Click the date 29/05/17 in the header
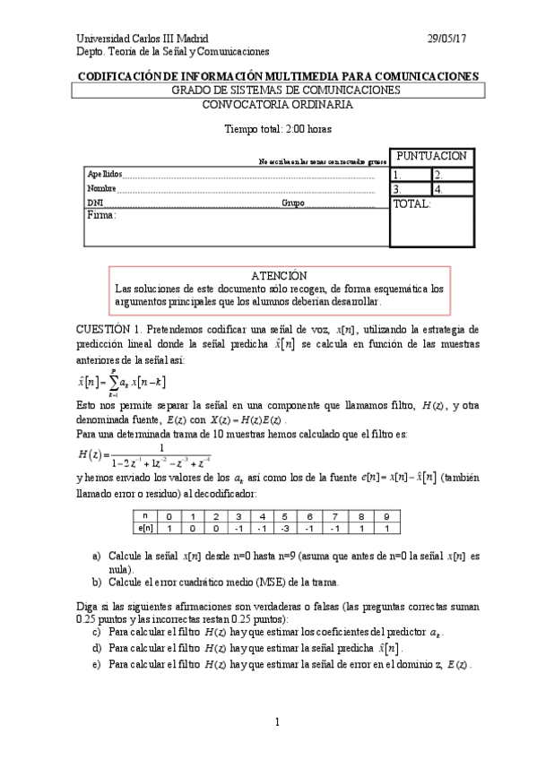click(446, 39)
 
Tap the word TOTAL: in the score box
click(412, 204)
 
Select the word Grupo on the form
click(292, 203)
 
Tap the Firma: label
click(102, 216)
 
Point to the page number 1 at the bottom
click(278, 722)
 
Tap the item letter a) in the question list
click(97, 557)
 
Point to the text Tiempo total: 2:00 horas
click(277, 129)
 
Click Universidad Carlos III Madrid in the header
click(143, 39)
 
